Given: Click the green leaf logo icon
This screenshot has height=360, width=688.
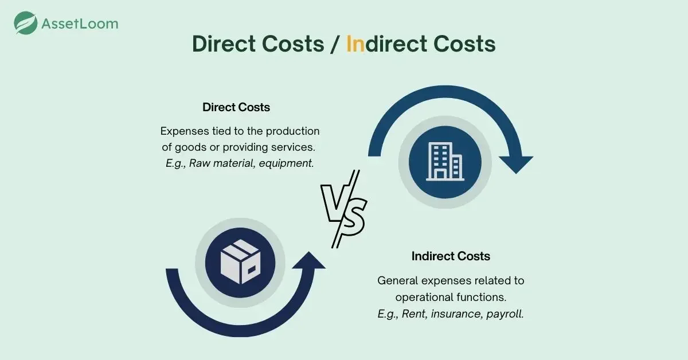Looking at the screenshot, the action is click(x=25, y=23).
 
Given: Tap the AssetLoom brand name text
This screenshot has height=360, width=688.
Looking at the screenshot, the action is click(x=80, y=24).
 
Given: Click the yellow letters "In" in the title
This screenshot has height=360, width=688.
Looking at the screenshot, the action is click(x=355, y=44).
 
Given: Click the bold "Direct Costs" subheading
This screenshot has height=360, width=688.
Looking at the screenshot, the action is click(x=236, y=107).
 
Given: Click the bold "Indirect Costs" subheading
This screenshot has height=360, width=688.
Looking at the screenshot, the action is click(x=451, y=256).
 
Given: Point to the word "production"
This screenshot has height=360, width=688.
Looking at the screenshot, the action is click(x=292, y=131).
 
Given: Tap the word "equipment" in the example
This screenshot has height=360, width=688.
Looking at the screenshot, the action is click(x=286, y=163).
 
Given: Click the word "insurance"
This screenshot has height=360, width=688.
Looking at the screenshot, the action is click(x=456, y=314).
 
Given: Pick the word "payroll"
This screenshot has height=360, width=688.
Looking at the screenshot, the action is click(x=505, y=314).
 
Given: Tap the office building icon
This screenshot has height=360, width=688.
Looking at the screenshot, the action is click(x=445, y=161).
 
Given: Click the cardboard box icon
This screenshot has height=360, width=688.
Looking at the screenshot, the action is click(x=240, y=262).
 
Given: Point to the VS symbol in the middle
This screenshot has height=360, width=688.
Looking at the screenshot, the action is click(x=343, y=209).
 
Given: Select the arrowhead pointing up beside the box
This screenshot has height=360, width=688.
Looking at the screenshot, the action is click(x=308, y=261).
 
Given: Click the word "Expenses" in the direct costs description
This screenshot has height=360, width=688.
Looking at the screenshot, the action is click(x=185, y=131).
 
